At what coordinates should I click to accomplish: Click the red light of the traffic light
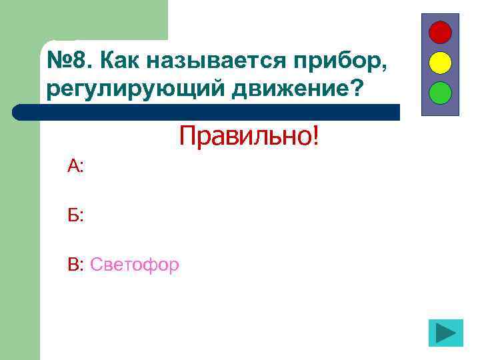pyautogui.click(x=440, y=33)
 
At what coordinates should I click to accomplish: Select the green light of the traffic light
pyautogui.click(x=440, y=92)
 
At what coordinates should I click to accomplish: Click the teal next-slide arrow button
pyautogui.click(x=445, y=333)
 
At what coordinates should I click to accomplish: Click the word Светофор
pyautogui.click(x=135, y=265)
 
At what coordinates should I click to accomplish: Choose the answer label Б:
pyautogui.click(x=75, y=215)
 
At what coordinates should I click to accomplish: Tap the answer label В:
pyautogui.click(x=75, y=265)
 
